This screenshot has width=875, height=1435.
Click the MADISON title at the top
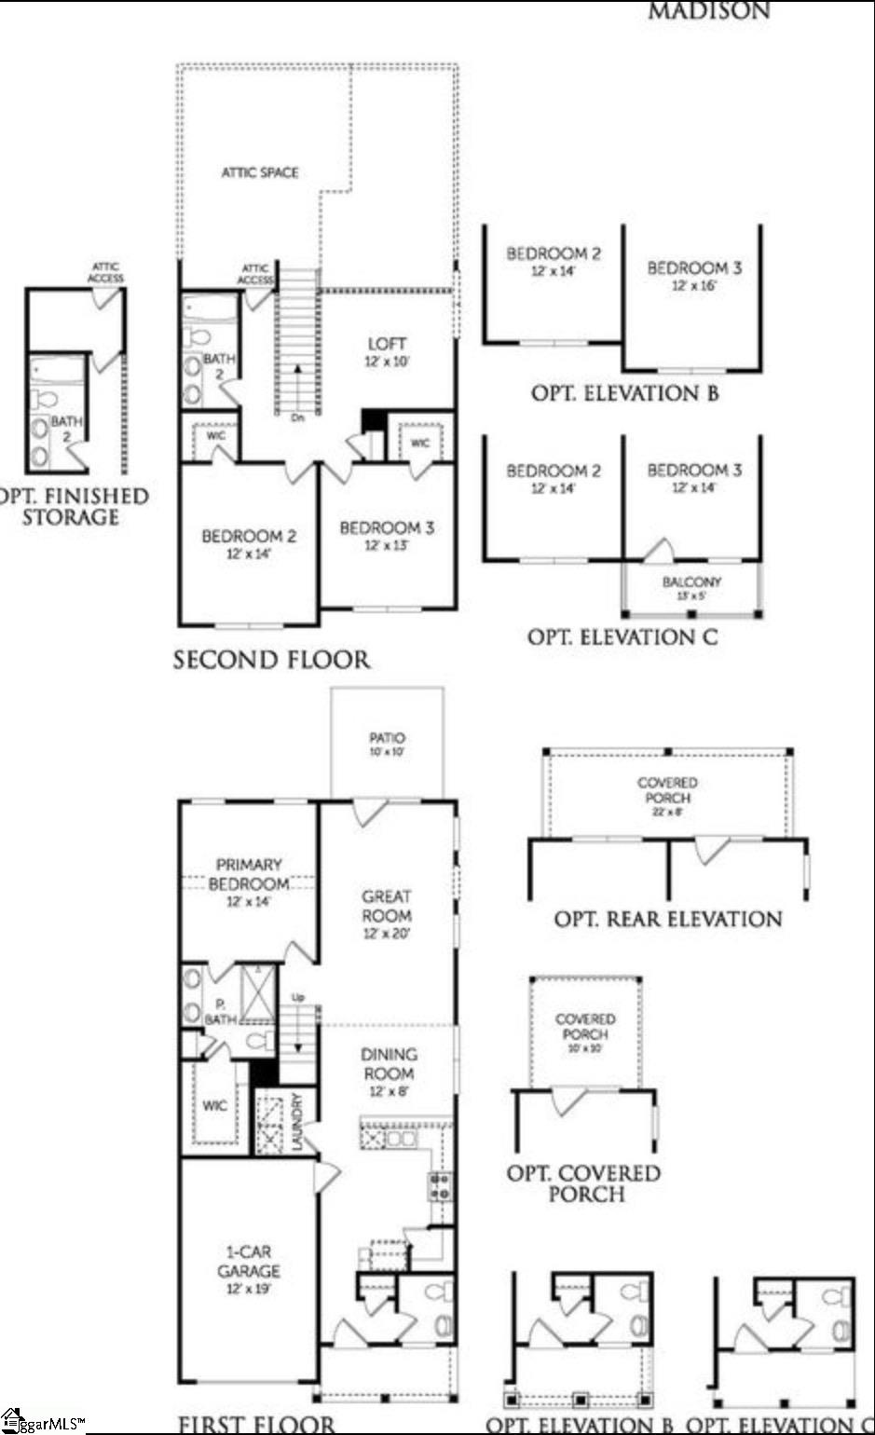709,11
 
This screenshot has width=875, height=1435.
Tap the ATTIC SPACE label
260,172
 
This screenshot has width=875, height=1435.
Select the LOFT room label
387,344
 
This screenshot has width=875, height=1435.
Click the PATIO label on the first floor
387,738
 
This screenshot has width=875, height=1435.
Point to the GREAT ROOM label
387,906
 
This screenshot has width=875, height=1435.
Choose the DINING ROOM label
389,1064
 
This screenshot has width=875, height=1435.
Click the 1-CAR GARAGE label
249,1262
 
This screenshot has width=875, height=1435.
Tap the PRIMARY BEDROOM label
248,874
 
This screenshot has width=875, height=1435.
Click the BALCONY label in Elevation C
691,582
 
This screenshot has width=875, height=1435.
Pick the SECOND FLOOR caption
271,660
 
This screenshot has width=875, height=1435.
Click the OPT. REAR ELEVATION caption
668,919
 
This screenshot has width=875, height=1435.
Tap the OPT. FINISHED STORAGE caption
72,506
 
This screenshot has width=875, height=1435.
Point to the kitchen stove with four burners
439,1187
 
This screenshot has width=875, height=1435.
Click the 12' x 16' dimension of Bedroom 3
694,285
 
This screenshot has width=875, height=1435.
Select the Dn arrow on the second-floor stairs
297,391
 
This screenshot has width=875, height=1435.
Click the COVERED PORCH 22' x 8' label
667,791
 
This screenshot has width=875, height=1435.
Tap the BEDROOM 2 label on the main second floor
249,537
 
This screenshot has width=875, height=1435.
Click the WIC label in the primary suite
214,1105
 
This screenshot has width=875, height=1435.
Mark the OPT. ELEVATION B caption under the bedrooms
624,393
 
